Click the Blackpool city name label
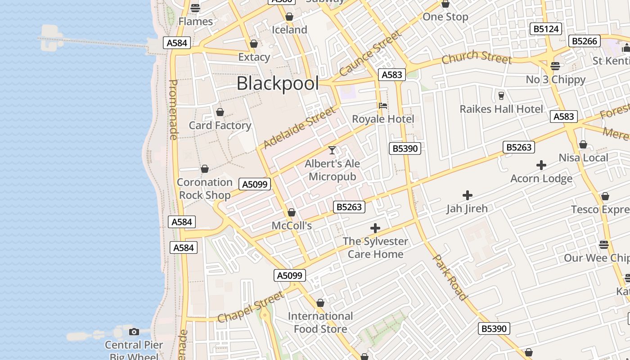(278, 84)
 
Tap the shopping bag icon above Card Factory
(220, 112)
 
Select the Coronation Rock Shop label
(205, 189)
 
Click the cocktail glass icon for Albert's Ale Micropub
(332, 150)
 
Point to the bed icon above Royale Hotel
(383, 106)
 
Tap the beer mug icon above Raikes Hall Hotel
(501, 95)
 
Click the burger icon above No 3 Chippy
(555, 66)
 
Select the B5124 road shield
(546, 29)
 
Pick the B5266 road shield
(585, 41)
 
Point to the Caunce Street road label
(369, 54)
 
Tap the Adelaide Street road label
(299, 128)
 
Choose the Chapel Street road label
(250, 307)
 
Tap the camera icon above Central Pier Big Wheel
(134, 332)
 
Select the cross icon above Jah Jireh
(468, 195)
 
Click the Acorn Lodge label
(541, 179)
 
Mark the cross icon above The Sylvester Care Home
(375, 228)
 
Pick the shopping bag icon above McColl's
(292, 212)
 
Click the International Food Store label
(320, 323)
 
